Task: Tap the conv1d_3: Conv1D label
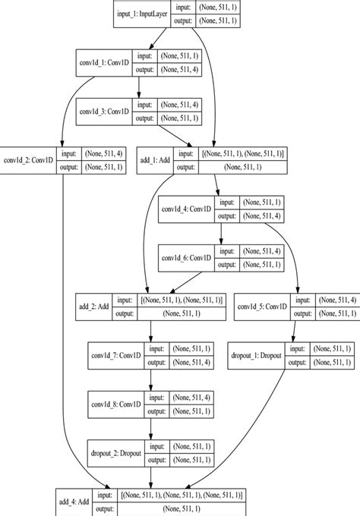(x=105, y=111)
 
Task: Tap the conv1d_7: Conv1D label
(x=118, y=354)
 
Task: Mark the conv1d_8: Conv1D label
(x=118, y=402)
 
